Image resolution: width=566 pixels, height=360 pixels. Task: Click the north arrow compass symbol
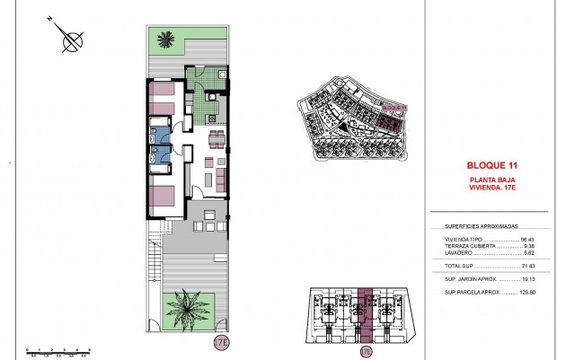(x=70, y=38)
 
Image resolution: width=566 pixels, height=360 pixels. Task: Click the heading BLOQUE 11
(x=493, y=165)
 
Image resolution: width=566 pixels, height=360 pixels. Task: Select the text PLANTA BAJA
(x=493, y=180)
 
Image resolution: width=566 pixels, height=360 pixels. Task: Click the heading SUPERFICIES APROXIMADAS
(x=481, y=226)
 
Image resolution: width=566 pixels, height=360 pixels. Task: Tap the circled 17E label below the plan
(x=221, y=342)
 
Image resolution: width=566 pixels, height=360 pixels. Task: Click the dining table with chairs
(x=216, y=138)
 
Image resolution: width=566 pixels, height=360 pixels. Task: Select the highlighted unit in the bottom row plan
(x=364, y=315)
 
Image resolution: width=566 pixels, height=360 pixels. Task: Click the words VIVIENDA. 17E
(x=493, y=189)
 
